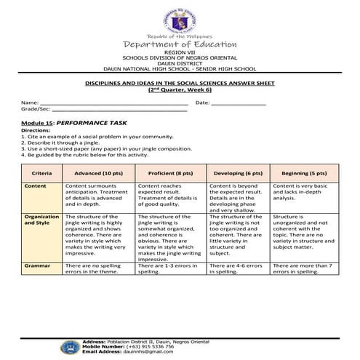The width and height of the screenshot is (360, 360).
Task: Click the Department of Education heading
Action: coord(179,45)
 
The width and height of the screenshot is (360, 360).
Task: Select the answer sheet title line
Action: coord(179,85)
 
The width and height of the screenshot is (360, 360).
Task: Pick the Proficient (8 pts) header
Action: coord(170,174)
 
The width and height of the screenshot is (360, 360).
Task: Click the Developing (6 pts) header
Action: coord(237,174)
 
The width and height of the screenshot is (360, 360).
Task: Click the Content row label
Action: coord(36,186)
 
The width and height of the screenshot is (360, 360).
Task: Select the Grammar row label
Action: coord(37,266)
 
